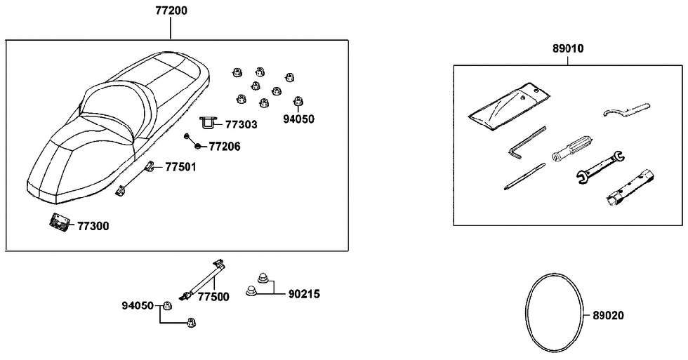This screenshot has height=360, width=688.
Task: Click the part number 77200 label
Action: point(171,12)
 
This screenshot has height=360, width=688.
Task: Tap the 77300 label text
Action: point(93,227)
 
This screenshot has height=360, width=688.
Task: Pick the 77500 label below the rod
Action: point(213,297)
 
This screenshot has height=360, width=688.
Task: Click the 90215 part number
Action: point(304,295)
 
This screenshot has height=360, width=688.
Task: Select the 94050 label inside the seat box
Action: point(298,119)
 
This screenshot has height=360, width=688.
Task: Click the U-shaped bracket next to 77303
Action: point(209,124)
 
